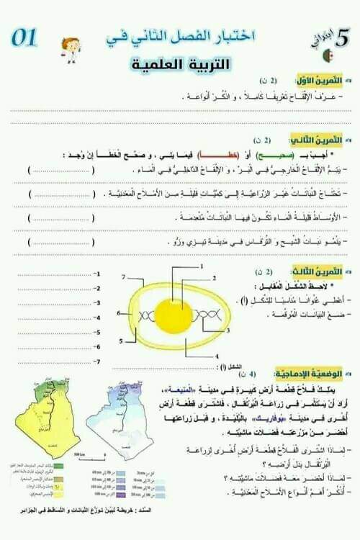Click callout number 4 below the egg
click(x=215, y=356)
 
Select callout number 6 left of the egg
click(x=119, y=313)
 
